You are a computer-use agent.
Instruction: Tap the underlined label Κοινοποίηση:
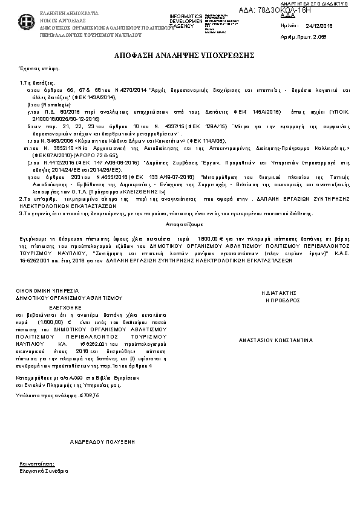[x=33, y=464]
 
